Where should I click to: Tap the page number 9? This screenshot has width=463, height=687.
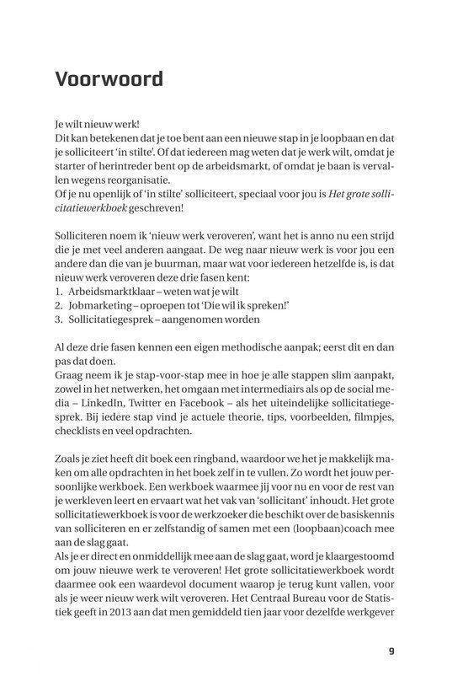coord(391,651)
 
